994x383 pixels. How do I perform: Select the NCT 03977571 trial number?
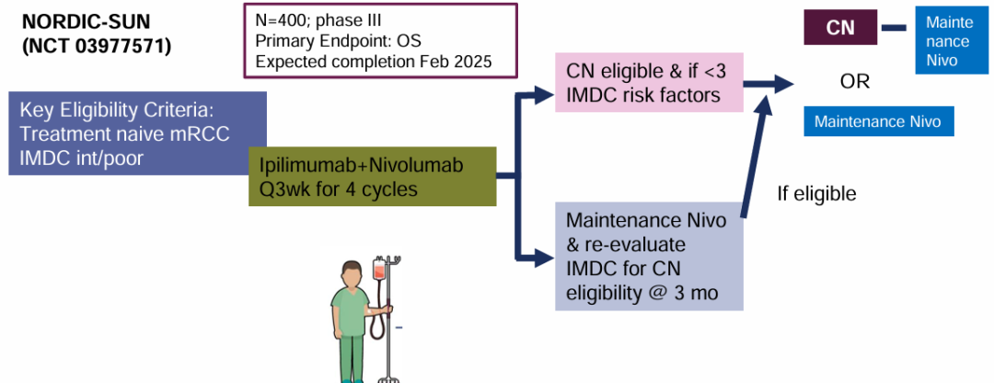96,43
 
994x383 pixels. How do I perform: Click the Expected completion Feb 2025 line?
374,62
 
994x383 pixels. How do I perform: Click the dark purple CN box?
839,28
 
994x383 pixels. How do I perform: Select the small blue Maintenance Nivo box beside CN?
948,41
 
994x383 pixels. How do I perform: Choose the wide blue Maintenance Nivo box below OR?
878,121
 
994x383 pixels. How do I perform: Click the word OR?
854,81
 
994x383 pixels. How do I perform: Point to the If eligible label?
816,194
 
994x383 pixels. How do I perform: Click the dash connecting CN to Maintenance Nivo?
894,28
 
